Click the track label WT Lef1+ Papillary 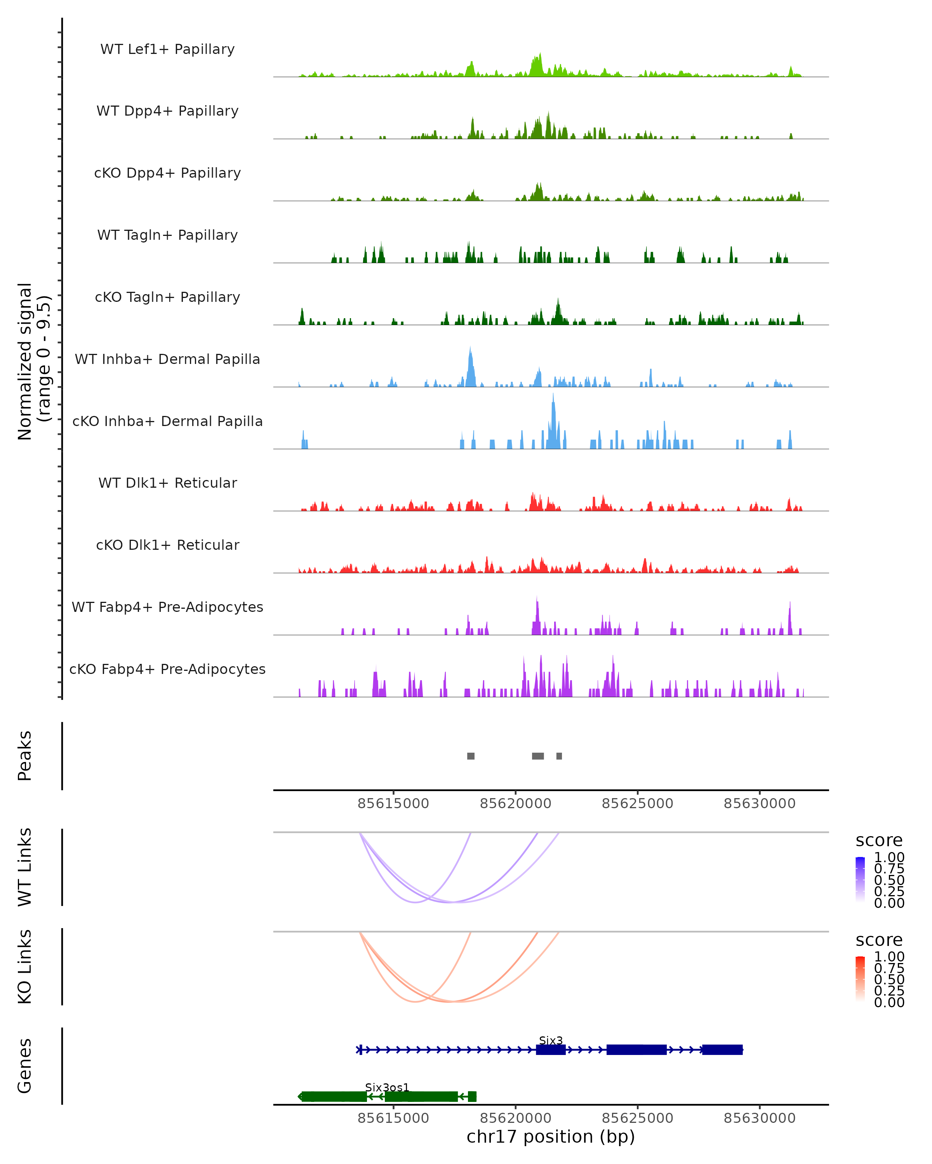167,49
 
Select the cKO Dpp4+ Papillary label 167,173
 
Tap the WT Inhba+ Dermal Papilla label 167,359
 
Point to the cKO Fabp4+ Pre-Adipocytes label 167,669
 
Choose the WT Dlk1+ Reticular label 167,483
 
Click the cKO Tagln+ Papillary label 167,297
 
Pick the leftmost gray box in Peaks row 471,756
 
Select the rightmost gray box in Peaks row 559,756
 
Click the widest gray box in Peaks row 537,756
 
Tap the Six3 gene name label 551,1040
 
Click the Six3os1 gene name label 387,1087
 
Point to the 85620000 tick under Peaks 515,804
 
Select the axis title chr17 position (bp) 551,1137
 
